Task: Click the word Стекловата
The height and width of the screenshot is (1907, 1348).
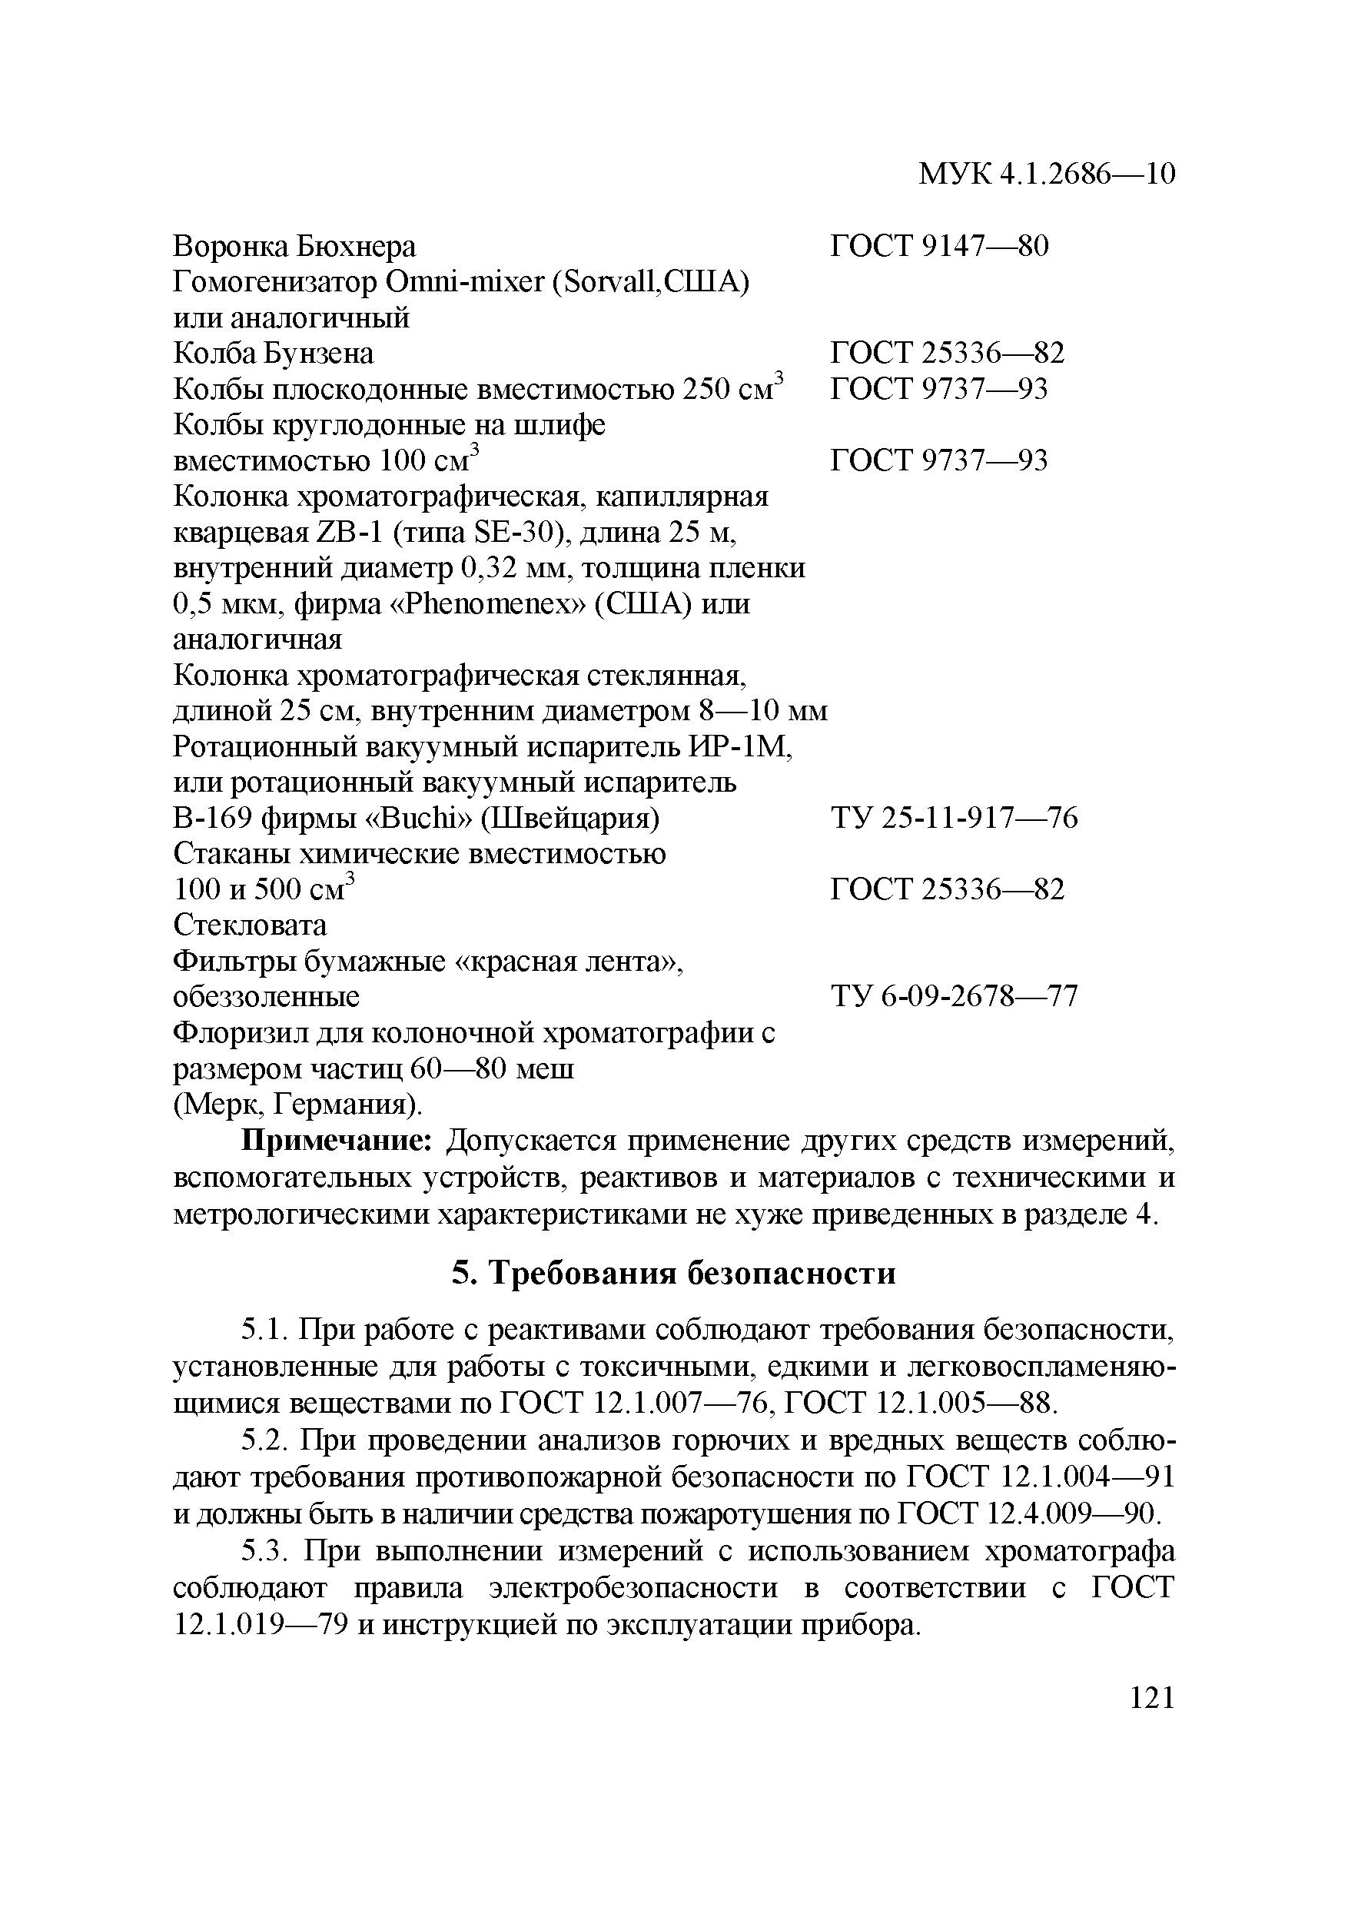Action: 250,925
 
